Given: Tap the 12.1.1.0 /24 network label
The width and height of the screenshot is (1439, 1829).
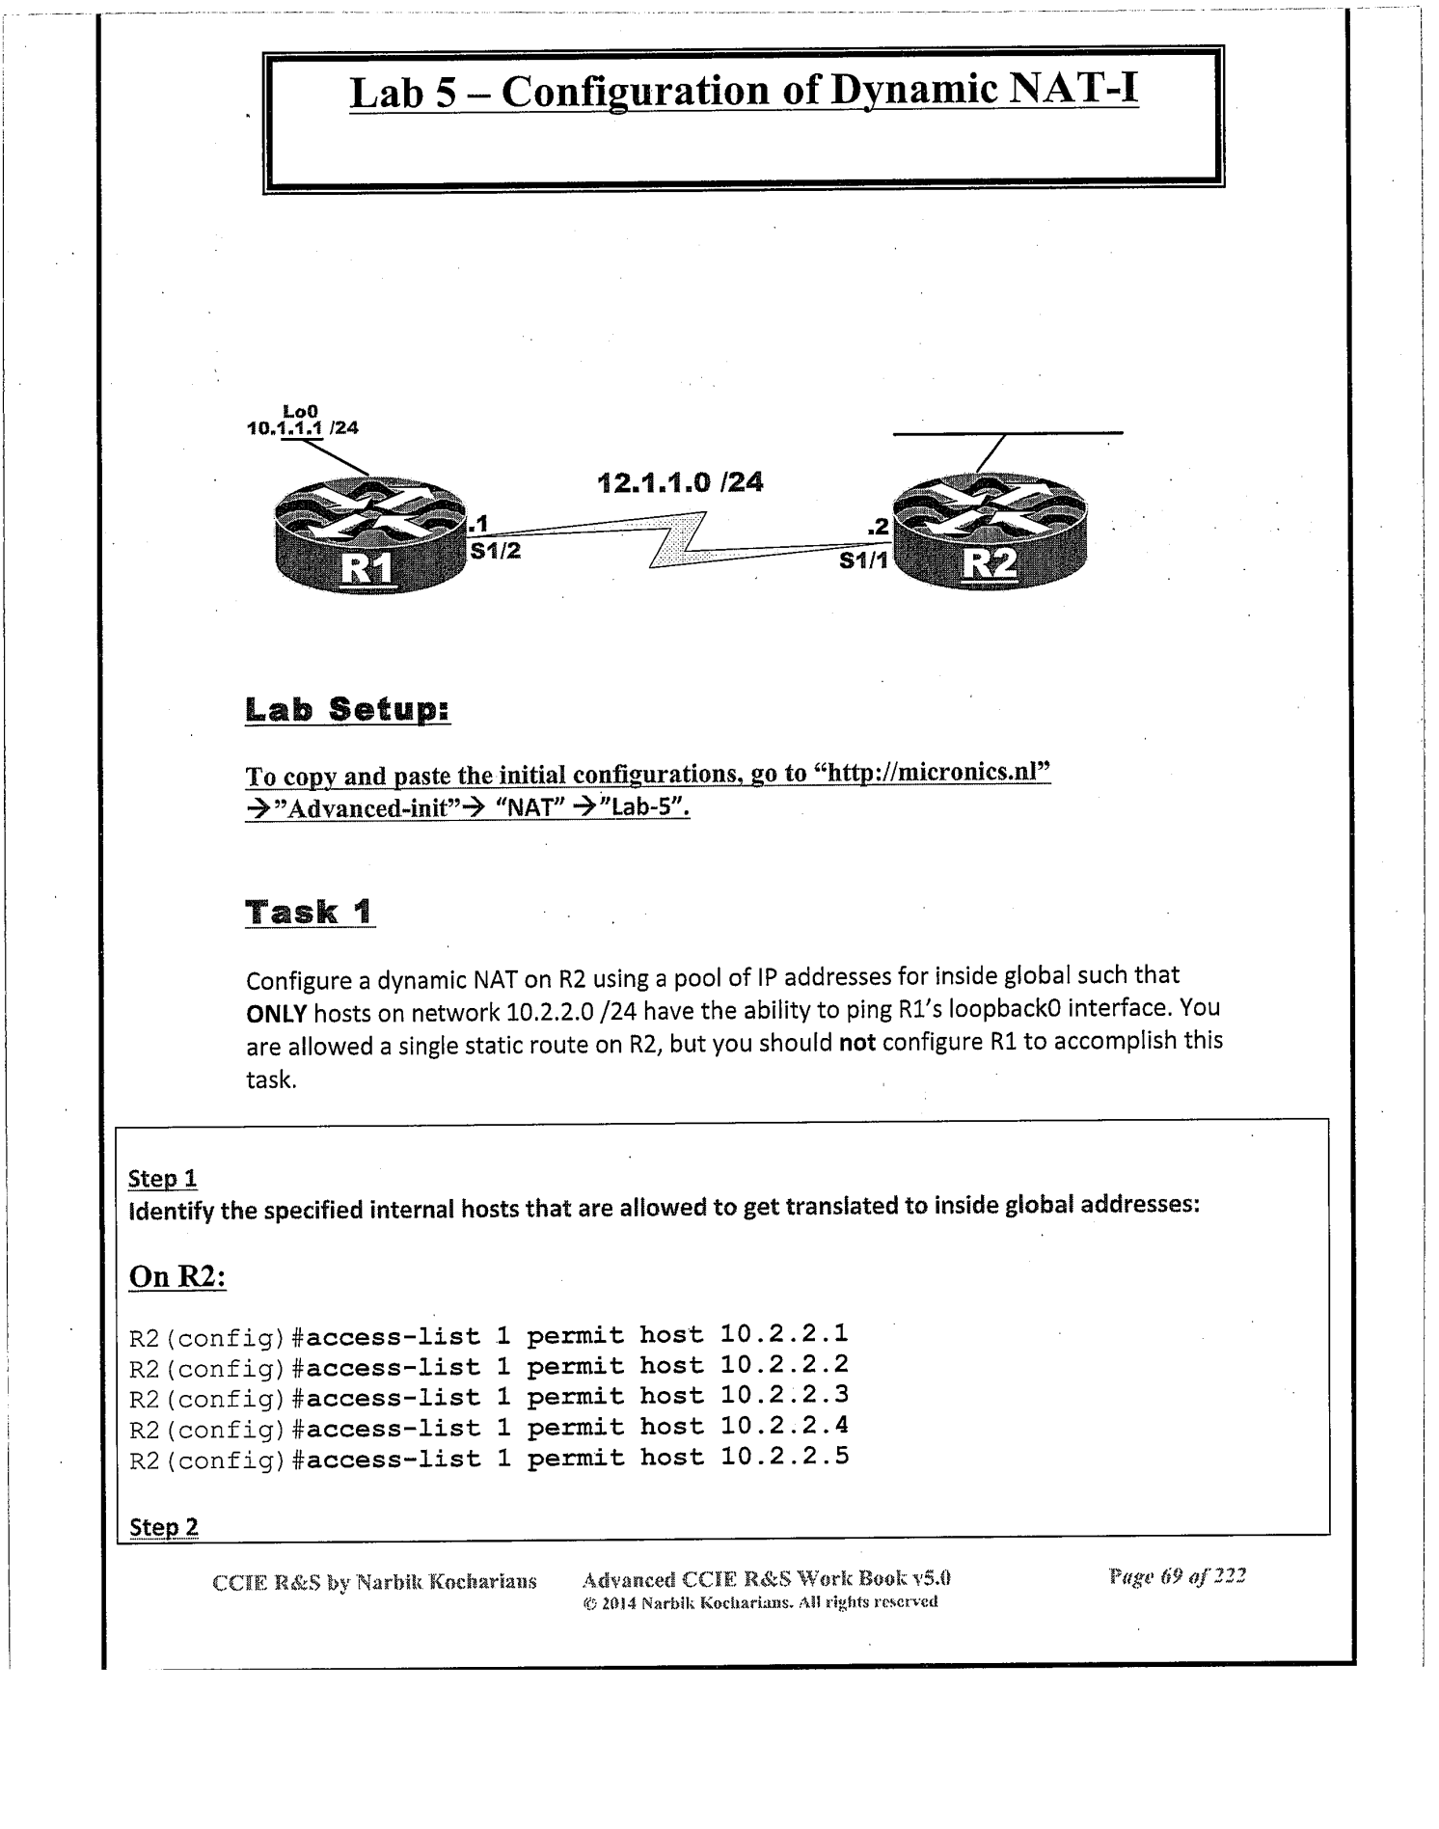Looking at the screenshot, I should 681,482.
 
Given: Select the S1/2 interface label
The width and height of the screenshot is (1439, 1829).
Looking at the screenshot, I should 495,552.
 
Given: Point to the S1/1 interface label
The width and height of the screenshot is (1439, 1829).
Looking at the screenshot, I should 863,560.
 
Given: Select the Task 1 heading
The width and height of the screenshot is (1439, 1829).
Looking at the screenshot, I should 310,912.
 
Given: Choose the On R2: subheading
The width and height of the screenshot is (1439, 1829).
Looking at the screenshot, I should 177,1277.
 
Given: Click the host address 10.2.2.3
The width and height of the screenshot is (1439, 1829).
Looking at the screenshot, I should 784,1395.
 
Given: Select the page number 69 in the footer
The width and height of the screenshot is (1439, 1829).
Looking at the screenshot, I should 1171,1577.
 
